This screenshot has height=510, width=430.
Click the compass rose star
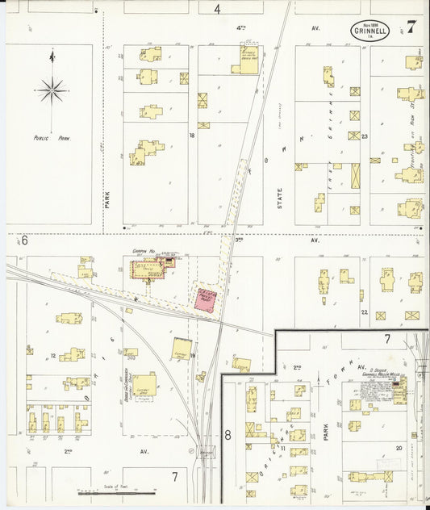(x=52, y=89)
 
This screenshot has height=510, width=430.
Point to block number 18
(x=192, y=136)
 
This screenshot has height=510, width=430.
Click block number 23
(x=365, y=136)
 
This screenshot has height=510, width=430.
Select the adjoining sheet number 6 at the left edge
(x=25, y=240)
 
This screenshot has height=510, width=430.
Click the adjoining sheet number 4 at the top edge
(x=217, y=9)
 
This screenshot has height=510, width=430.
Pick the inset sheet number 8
(x=228, y=435)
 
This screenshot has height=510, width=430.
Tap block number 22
(x=364, y=312)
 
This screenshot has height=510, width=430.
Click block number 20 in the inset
(x=399, y=446)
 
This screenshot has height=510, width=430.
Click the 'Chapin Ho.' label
(x=144, y=252)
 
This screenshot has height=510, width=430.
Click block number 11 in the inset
(x=283, y=446)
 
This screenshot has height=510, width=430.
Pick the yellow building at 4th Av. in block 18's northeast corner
(x=247, y=60)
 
